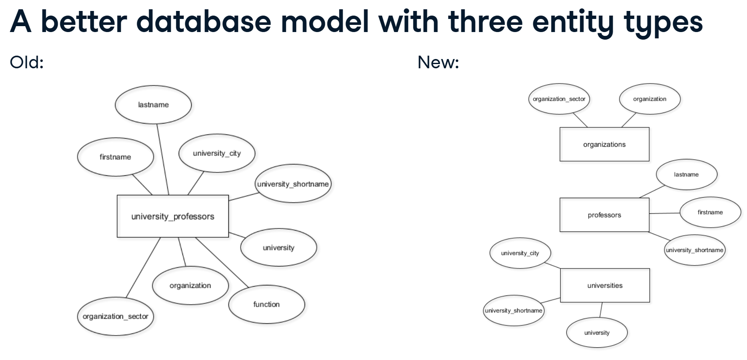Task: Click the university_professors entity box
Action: [x=173, y=216]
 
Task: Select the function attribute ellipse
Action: [x=266, y=304]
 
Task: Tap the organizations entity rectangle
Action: [x=604, y=144]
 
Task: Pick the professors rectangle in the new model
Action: [x=604, y=215]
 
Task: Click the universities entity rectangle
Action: [x=605, y=285]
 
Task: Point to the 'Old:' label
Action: [x=27, y=62]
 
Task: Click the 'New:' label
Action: [x=438, y=62]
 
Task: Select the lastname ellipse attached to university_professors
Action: [x=153, y=105]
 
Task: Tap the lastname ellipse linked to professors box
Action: [x=686, y=175]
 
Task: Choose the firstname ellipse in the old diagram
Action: [x=115, y=157]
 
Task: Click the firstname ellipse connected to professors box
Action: [x=710, y=212]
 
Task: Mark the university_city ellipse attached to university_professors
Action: [x=217, y=153]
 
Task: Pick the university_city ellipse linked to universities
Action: [x=520, y=253]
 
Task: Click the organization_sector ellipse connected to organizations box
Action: [x=559, y=99]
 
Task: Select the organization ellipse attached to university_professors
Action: [x=190, y=285]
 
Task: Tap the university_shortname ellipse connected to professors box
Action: [x=695, y=250]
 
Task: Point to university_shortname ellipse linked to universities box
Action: [x=514, y=311]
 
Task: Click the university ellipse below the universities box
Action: [x=597, y=333]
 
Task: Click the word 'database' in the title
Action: [x=203, y=21]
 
